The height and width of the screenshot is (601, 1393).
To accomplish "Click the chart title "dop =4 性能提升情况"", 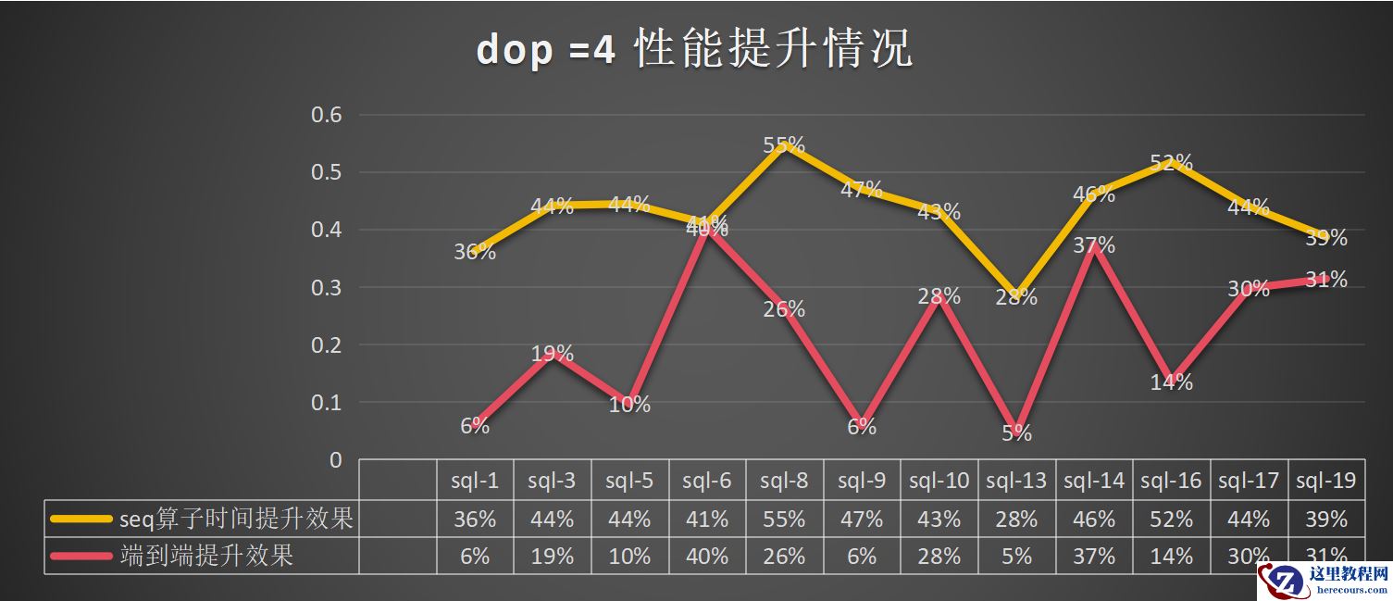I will click(x=694, y=49).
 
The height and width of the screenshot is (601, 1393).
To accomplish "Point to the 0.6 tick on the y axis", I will click(x=324, y=115).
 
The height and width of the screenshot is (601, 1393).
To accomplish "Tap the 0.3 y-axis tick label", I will click(x=324, y=287).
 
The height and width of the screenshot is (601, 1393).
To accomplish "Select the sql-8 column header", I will click(x=784, y=480).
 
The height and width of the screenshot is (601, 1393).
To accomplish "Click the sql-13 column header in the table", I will click(x=1016, y=480).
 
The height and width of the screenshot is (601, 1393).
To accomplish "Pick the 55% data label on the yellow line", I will click(x=784, y=145).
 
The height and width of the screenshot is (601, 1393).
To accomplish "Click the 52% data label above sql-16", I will click(x=1171, y=163).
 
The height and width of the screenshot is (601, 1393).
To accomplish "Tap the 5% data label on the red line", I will click(x=1016, y=432).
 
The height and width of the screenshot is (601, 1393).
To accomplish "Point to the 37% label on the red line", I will click(x=1094, y=245).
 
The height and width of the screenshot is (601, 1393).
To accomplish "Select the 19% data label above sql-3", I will click(x=553, y=353).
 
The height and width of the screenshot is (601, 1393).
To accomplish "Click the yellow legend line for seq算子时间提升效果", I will click(x=81, y=520).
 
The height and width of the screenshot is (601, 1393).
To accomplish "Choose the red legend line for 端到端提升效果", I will click(x=81, y=556).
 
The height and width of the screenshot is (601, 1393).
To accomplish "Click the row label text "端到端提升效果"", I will click(x=206, y=556).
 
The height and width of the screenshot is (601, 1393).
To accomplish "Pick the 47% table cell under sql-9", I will click(x=862, y=520).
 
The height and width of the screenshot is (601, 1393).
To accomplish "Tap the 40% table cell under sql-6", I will click(x=707, y=556).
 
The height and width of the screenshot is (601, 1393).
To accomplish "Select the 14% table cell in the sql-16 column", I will click(x=1171, y=556).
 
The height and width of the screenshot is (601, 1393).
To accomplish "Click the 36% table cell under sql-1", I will click(x=475, y=520).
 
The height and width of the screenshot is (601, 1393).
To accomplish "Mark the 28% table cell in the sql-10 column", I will click(x=939, y=556).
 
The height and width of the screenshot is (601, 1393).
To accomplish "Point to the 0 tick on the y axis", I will click(x=335, y=460).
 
